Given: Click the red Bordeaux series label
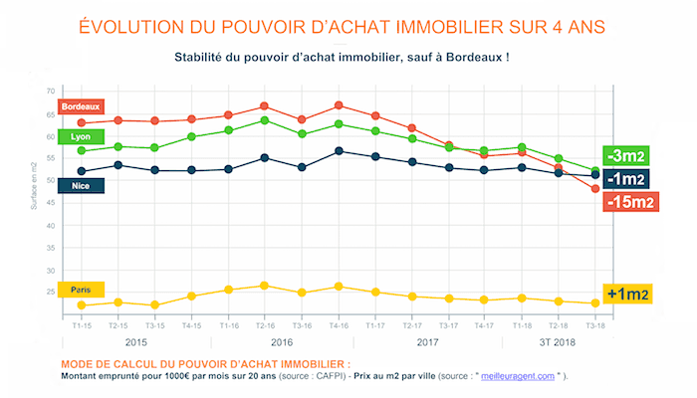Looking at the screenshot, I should pos(83,105).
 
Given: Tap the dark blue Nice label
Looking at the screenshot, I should pos(83,185).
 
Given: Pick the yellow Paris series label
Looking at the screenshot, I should pos(83,290).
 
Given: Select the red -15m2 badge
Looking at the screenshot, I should pos(629,202).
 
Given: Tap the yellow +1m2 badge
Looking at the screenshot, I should pos(629,294).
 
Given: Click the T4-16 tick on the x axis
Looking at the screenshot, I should pos(340,324).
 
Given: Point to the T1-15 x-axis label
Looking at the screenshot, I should pos(82,324).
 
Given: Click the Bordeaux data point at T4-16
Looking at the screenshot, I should pos(340,104).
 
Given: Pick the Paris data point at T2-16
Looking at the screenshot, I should pos(264,286).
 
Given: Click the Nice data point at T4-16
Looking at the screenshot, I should pos(340,150).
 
